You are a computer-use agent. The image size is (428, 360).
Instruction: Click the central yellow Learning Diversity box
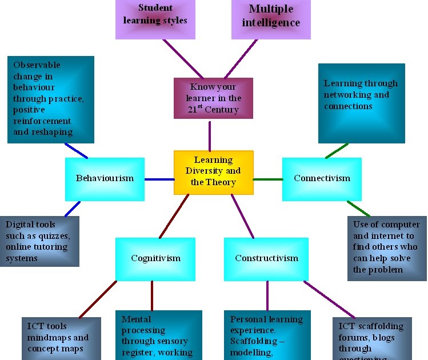(x=213, y=172)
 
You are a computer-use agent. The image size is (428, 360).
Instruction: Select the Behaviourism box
(x=105, y=179)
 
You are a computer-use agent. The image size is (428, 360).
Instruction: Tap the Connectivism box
(x=322, y=179)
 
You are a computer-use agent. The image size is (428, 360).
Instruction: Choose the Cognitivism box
(x=155, y=259)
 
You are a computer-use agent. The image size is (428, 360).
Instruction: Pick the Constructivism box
(x=266, y=259)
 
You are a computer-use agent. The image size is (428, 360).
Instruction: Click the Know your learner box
(x=213, y=98)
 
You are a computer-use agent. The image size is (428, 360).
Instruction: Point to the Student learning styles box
(x=163, y=19)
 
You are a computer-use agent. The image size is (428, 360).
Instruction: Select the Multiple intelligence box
(x=271, y=19)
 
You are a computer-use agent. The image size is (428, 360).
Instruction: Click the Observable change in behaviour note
(x=50, y=99)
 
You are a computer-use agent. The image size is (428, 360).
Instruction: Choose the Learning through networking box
(x=361, y=103)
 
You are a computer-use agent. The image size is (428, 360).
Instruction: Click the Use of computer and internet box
(x=386, y=248)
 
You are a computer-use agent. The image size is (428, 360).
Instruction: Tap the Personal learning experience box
(x=267, y=335)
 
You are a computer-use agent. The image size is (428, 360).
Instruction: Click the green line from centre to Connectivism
(x=267, y=179)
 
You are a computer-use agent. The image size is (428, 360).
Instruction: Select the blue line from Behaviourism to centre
(x=159, y=179)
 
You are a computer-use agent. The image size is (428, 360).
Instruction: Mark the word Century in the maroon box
(x=224, y=109)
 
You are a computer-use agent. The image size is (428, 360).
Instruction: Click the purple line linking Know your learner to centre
(x=210, y=135)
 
